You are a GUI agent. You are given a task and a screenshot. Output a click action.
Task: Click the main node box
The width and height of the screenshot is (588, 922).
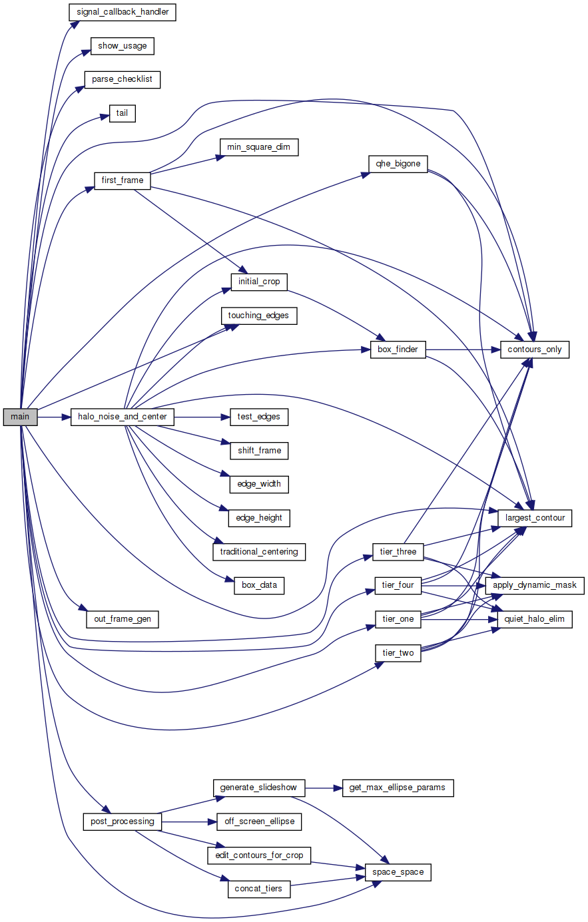point(20,417)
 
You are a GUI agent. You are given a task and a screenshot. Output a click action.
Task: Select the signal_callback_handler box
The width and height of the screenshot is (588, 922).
point(122,12)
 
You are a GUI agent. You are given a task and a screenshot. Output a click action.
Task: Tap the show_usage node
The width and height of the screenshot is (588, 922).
point(122,46)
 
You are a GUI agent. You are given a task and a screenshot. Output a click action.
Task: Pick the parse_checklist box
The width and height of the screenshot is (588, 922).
point(122,79)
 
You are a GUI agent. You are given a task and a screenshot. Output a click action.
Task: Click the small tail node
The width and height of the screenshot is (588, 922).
point(122,113)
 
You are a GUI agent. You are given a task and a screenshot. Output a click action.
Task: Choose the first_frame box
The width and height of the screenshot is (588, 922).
point(122,180)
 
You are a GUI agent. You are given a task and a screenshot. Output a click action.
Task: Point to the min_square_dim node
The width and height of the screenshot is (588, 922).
point(258,147)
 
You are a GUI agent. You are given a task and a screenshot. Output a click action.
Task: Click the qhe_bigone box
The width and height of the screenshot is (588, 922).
point(398,164)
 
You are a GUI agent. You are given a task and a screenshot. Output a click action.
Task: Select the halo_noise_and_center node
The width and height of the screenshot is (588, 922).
point(122,417)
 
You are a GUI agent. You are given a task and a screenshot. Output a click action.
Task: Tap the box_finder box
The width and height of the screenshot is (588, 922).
point(398,349)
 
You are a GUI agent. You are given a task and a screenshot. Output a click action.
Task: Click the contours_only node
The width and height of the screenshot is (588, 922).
point(535,349)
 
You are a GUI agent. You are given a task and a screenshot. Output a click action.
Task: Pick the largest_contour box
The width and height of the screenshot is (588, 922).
point(535,518)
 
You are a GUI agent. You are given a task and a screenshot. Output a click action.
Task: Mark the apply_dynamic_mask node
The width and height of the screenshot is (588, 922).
point(535,586)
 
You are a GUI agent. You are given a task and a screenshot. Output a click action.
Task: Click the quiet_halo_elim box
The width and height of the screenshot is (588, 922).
point(535,619)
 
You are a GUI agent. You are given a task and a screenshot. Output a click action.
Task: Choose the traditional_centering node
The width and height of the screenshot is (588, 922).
point(259,552)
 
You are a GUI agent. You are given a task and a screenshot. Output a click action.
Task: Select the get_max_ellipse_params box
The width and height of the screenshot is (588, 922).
point(397,788)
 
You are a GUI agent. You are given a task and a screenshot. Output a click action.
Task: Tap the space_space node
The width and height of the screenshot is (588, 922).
point(398,872)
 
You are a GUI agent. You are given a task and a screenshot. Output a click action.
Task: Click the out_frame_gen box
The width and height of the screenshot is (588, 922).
point(122,619)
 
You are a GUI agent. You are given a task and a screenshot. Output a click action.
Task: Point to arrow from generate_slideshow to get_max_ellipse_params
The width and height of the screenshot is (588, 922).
point(323,788)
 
